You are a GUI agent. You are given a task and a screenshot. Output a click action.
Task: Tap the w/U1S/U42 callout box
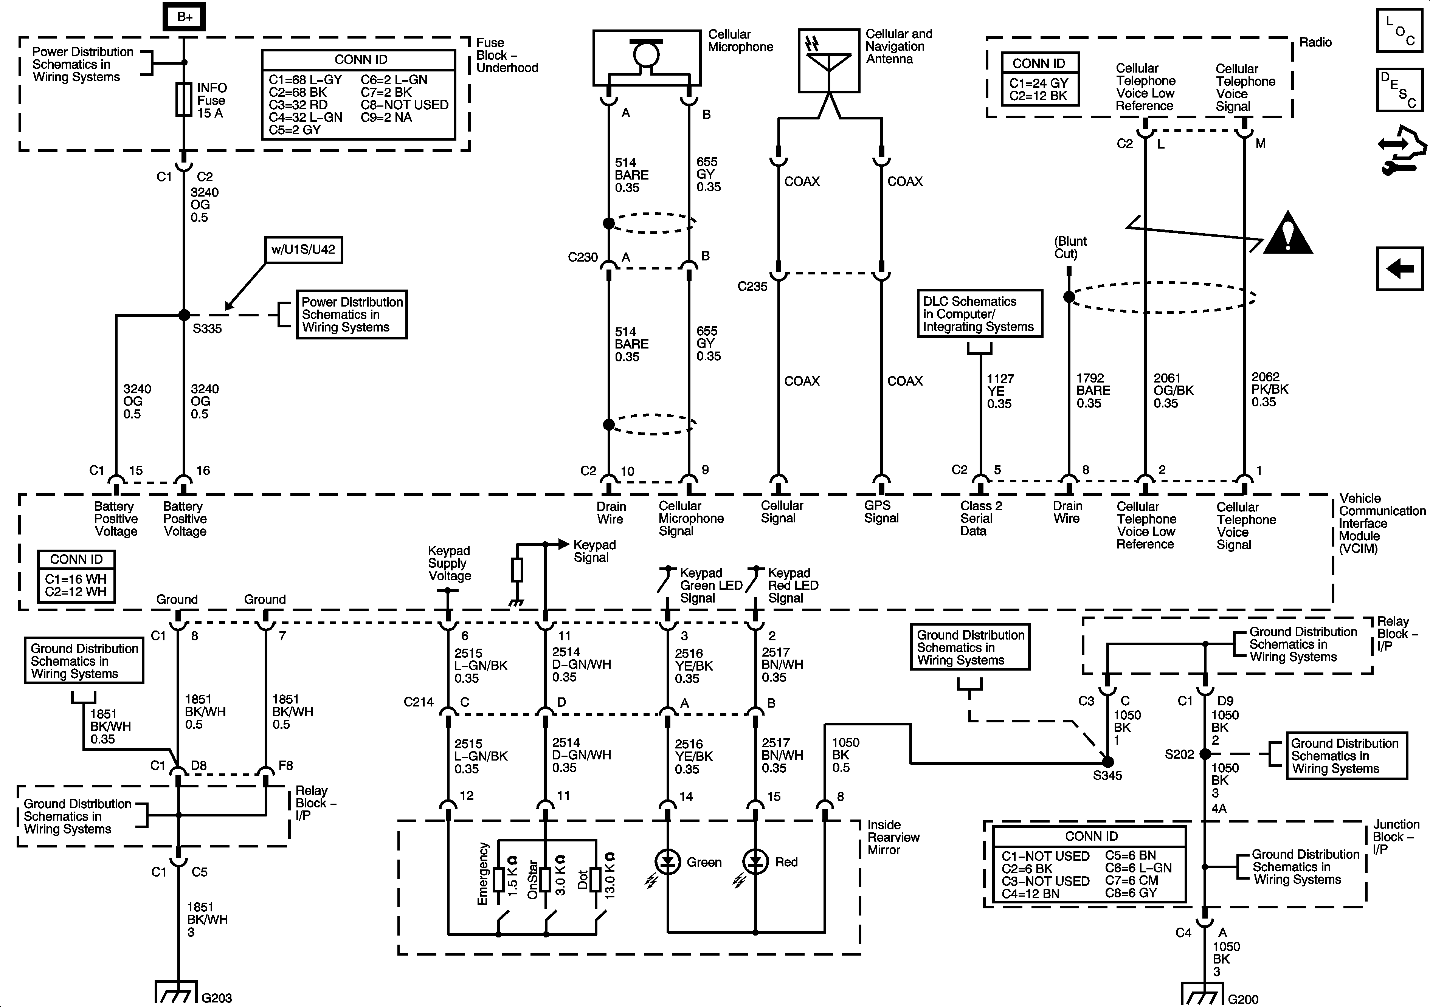coord(303,250)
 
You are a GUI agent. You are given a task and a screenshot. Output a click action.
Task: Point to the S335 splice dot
coord(184,315)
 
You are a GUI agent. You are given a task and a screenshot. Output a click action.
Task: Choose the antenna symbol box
coord(828,60)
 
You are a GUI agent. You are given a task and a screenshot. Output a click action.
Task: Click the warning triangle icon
coord(1288,234)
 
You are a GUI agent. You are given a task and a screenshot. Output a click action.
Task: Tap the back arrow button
coord(1399,269)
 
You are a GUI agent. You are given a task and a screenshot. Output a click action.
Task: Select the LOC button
coord(1399,30)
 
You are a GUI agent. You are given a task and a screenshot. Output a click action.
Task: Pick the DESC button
coord(1399,90)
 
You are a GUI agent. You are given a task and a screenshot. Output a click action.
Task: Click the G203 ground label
coord(217,998)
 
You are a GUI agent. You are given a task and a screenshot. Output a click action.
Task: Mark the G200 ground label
coord(1243,999)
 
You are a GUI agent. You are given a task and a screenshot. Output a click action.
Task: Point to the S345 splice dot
coord(1107,762)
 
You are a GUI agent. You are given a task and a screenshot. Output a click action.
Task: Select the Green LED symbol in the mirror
coord(668,862)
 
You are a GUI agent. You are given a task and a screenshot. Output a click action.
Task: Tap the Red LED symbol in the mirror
coord(755,862)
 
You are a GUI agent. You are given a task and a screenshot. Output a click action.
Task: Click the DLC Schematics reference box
coord(979,314)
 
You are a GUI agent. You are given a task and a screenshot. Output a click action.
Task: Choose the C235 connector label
coord(752,287)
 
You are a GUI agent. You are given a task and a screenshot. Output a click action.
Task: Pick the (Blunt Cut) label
coord(1070,247)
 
